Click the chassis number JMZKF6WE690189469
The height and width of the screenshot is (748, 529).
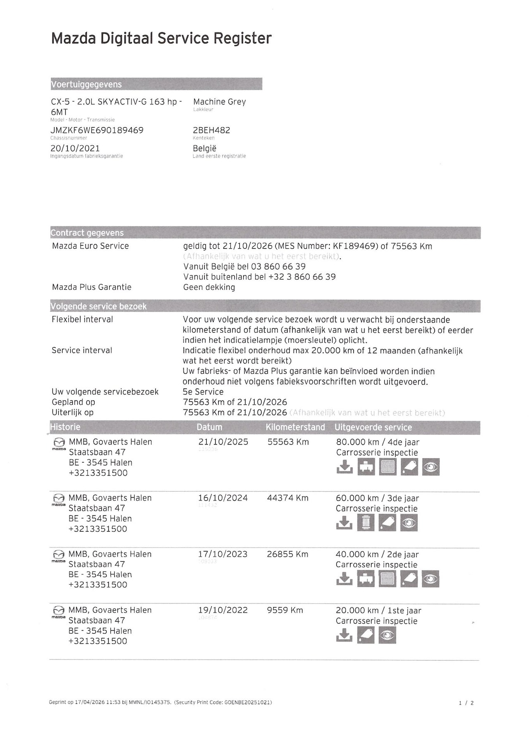97,130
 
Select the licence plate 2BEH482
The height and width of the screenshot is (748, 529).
212,130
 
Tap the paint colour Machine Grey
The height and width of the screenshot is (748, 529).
219,102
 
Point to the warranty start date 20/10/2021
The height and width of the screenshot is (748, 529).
75,148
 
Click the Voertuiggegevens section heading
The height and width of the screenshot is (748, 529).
86,84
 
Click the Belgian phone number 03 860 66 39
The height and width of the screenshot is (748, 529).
278,267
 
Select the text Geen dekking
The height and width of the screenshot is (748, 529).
209,287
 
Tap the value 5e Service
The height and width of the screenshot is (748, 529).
203,392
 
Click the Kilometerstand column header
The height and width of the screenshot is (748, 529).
295,427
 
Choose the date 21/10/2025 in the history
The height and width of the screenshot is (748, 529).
223,442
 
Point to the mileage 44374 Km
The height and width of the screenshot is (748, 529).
288,498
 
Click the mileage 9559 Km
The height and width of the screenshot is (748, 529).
285,610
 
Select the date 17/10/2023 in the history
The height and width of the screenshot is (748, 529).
223,554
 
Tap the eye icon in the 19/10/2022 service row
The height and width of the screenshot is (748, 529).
387,635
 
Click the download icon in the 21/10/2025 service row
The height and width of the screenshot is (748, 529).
344,467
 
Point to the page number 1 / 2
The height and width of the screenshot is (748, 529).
466,703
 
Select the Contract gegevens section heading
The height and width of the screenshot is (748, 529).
87,233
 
